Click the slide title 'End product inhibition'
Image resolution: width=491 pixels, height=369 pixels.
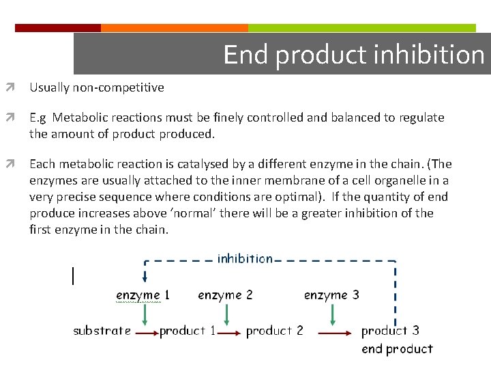[353, 55]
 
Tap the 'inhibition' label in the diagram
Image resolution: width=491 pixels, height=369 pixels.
[245, 258]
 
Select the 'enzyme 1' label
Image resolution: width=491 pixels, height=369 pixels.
[143, 295]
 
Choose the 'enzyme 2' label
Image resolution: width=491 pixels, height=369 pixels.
[225, 295]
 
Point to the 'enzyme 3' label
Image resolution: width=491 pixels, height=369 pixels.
[331, 295]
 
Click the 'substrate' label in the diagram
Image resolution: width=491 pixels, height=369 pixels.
[102, 331]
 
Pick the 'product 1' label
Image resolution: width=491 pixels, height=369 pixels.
[188, 331]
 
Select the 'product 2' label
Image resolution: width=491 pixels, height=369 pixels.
[274, 331]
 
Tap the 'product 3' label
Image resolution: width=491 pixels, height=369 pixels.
[390, 331]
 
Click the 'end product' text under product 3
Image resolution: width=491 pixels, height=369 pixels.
[397, 349]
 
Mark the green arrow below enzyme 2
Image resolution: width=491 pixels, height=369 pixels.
[226, 314]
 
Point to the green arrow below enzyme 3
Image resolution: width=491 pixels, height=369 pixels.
[332, 314]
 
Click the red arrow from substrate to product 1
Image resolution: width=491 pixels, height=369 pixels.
[145, 333]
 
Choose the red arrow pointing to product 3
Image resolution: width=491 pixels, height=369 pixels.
[335, 333]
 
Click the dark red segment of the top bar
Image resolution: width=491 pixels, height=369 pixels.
[58, 28]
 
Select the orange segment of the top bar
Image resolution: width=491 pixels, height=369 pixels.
[174, 28]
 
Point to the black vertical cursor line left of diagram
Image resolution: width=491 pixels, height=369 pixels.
[72, 275]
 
